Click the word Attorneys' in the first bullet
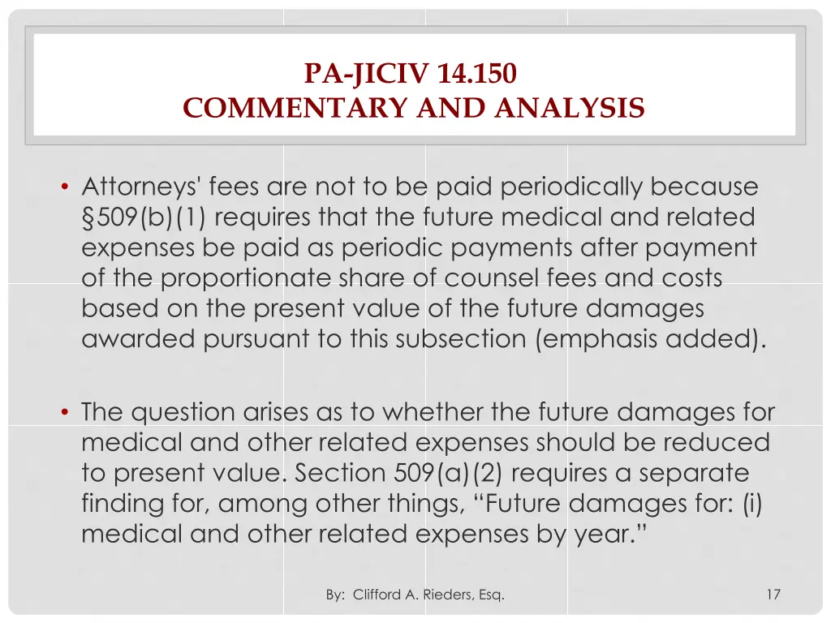coord(141,187)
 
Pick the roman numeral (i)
coord(753,504)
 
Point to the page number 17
coord(773,595)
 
